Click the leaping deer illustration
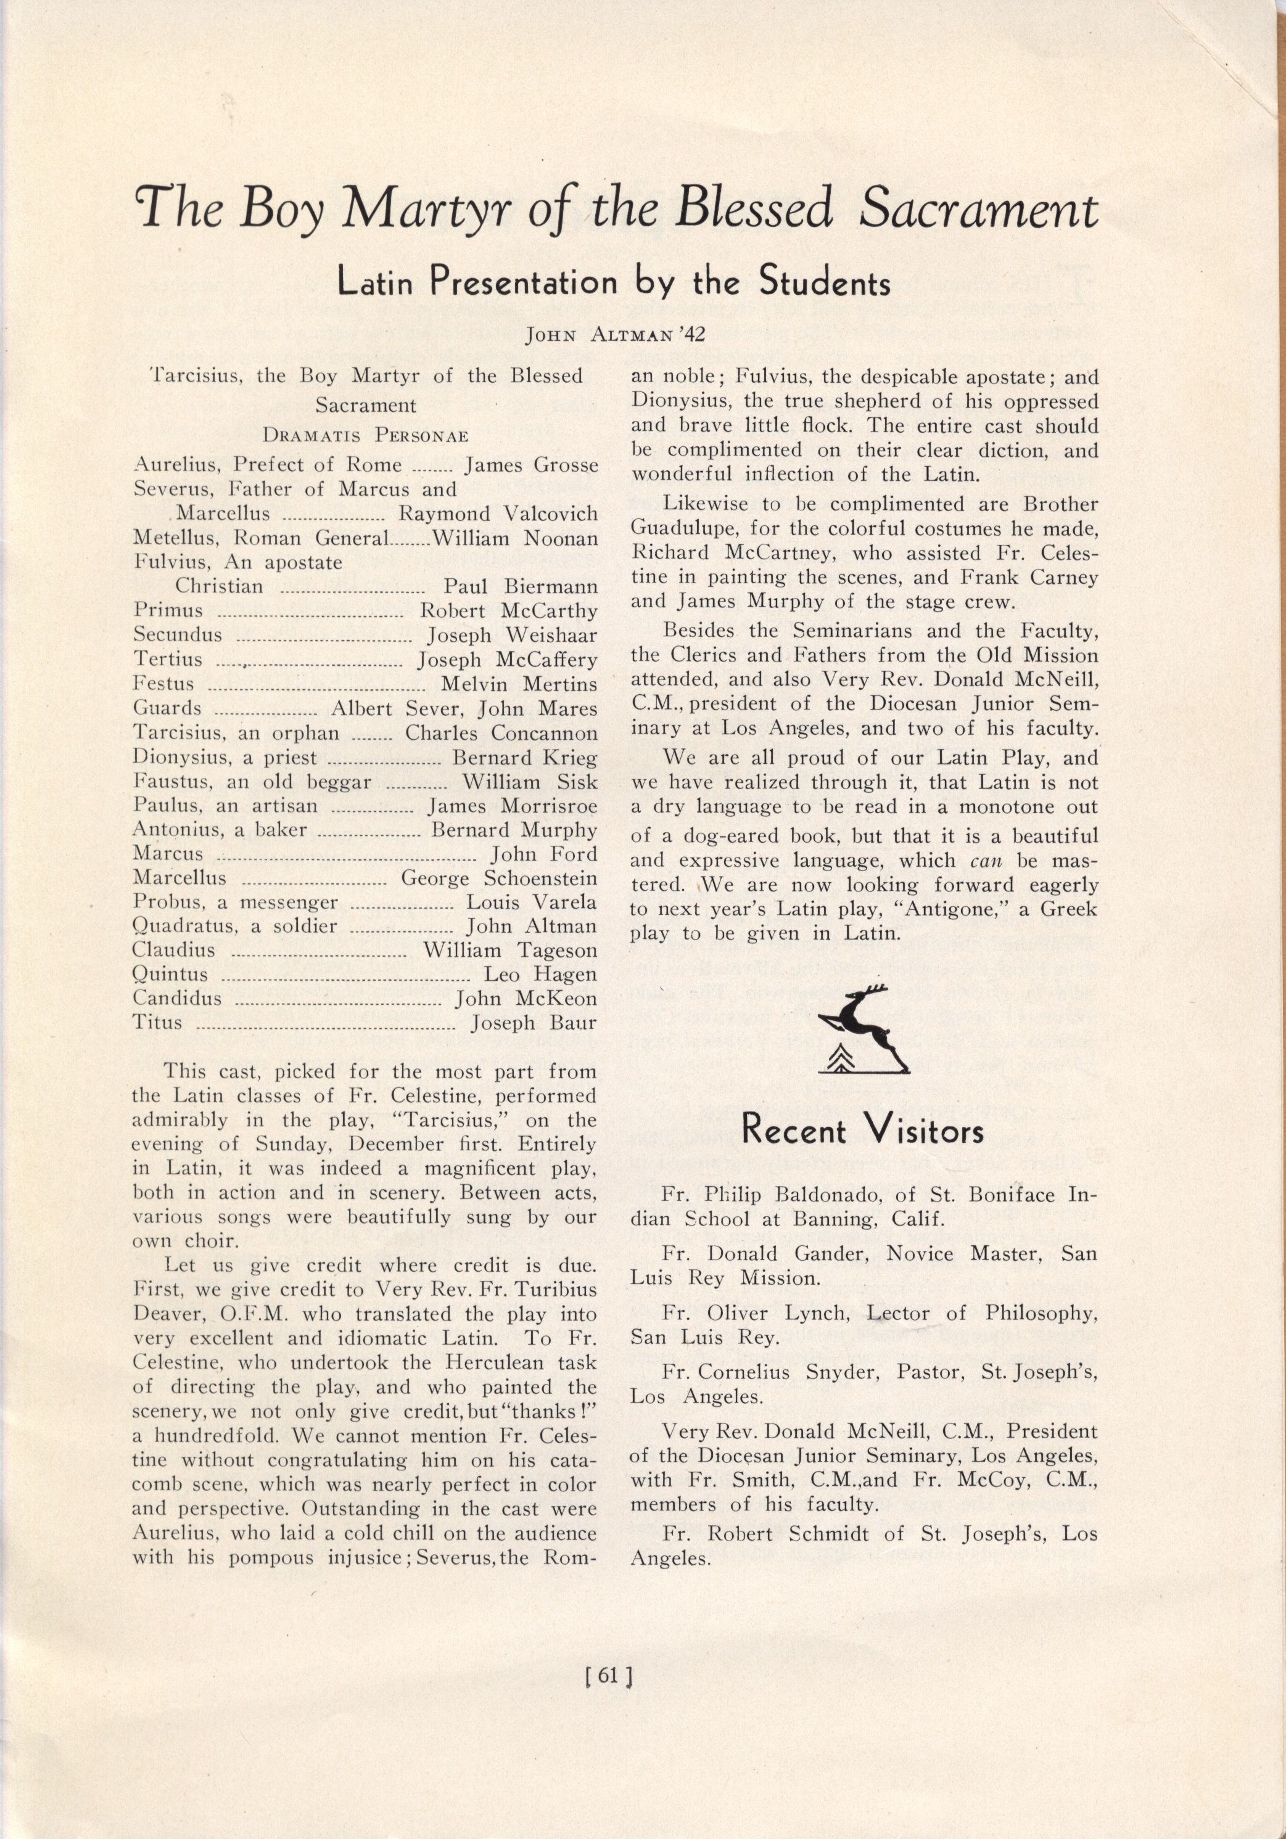(x=864, y=1028)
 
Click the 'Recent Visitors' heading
(x=863, y=1131)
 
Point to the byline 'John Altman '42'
(x=614, y=334)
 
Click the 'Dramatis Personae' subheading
(x=365, y=436)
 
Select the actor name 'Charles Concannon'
(x=501, y=733)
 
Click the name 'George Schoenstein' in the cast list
(x=498, y=879)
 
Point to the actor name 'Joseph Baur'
(x=534, y=1023)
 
